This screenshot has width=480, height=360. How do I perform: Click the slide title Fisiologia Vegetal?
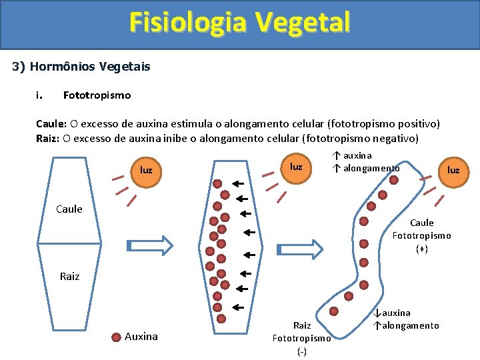tap(239, 22)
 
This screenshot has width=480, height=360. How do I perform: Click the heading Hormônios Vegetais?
tap(90, 67)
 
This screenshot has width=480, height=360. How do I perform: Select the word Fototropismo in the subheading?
tap(97, 95)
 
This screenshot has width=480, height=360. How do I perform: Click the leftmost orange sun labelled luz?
tap(146, 170)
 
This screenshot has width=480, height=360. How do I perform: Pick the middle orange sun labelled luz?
tap(296, 166)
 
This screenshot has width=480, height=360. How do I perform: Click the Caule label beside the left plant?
tap(69, 209)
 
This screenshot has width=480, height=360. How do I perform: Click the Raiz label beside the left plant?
tap(69, 276)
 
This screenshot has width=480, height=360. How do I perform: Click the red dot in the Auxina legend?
tap(115, 337)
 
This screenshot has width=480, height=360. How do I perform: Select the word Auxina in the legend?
tap(141, 337)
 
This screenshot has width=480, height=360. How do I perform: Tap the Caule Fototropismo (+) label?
tap(421, 235)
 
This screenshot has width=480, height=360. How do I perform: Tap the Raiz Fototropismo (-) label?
tap(301, 338)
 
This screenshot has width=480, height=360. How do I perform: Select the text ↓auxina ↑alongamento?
tap(406, 319)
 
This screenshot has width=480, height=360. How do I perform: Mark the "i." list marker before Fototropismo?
tap(39, 95)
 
